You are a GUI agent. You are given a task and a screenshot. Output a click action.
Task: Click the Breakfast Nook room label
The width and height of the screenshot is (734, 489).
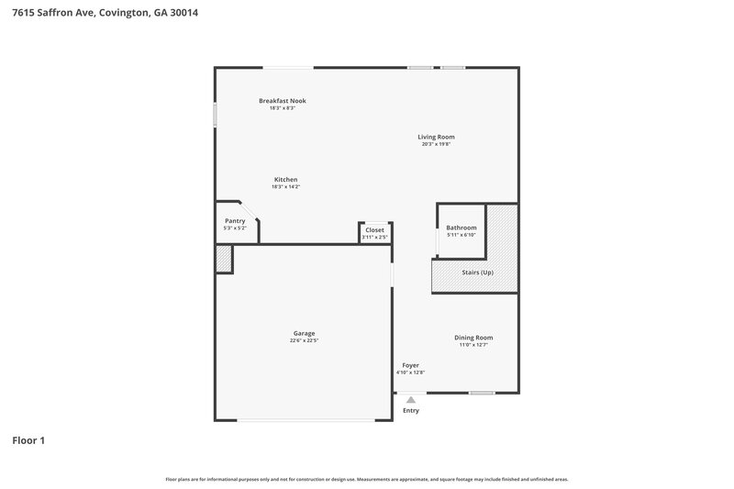click(282, 100)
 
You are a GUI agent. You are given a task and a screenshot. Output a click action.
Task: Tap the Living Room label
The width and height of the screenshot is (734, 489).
click(436, 137)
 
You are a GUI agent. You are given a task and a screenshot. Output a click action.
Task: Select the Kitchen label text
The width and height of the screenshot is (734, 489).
click(285, 179)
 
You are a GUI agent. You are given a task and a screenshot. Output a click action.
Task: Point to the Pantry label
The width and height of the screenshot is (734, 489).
click(235, 220)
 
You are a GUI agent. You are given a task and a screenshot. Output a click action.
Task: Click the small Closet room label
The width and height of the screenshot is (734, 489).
click(374, 229)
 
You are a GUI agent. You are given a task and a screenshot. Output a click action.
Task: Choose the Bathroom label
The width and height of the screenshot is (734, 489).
click(461, 227)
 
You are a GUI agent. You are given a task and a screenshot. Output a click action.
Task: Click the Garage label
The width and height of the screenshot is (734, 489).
click(304, 333)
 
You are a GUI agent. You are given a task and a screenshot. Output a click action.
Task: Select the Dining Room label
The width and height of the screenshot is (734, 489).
click(473, 337)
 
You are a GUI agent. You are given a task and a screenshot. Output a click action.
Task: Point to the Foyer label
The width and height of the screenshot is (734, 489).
click(410, 364)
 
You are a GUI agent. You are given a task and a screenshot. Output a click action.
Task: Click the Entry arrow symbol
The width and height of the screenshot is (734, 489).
click(411, 399)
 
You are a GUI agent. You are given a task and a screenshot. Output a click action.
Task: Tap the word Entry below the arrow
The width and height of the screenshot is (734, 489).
click(411, 410)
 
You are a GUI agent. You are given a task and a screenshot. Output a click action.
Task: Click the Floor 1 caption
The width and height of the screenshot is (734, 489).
click(28, 440)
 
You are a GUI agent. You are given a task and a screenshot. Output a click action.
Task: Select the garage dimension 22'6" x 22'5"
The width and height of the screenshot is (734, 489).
click(304, 340)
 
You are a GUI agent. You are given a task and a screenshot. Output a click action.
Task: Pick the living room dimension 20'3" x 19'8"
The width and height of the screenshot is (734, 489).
click(436, 144)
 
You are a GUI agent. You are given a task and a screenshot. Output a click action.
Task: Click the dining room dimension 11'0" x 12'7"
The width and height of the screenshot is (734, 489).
click(473, 344)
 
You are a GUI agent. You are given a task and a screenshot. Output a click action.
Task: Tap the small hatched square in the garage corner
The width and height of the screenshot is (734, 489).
click(223, 259)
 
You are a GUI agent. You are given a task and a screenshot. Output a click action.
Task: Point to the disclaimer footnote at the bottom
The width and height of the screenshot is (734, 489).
click(367, 479)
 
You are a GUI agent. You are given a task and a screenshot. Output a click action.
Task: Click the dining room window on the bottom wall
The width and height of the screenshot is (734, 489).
click(482, 393)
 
